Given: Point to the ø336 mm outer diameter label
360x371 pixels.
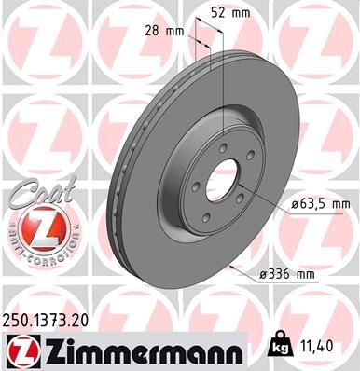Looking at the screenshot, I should [x=289, y=272].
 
